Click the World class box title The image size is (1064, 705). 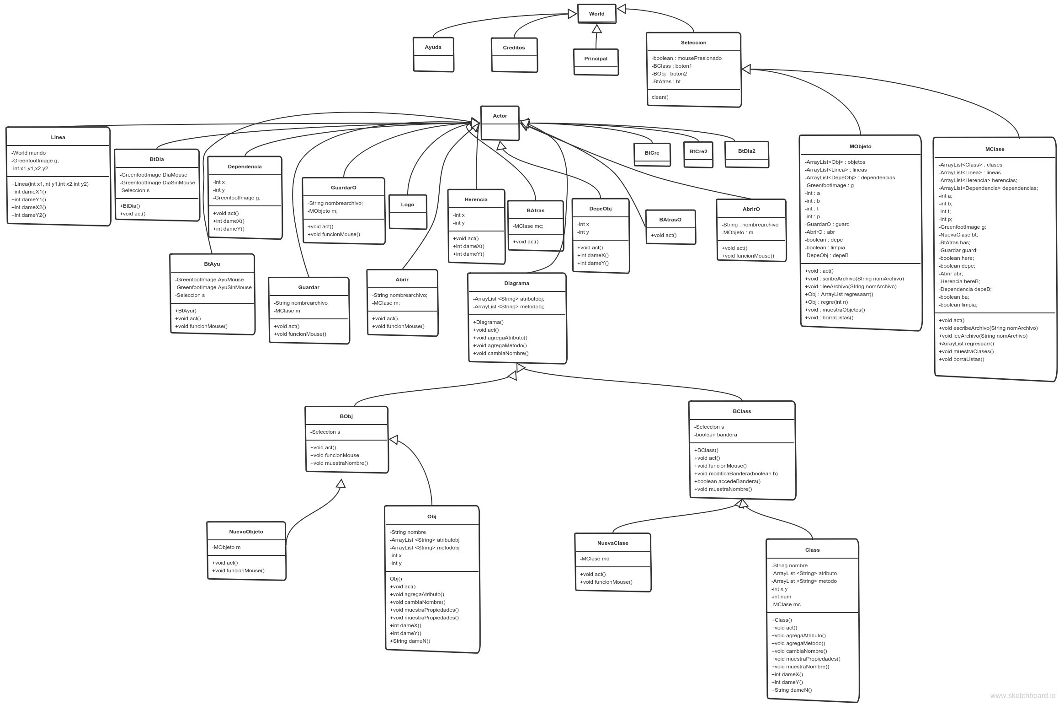tap(596, 14)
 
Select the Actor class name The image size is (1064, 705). tap(500, 116)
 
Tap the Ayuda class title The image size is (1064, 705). tap(433, 47)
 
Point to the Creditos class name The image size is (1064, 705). tap(514, 48)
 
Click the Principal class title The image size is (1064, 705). tap(596, 59)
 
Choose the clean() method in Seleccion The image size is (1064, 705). tap(660, 97)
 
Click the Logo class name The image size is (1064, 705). tap(407, 205)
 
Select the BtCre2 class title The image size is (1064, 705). tap(698, 151)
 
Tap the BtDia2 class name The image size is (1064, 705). tap(746, 151)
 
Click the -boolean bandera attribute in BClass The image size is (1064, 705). tap(715, 435)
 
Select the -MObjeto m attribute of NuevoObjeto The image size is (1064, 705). tap(226, 547)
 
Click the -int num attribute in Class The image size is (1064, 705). tap(781, 597)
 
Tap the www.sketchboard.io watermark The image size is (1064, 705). tap(1023, 696)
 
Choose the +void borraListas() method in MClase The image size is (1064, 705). tap(961, 359)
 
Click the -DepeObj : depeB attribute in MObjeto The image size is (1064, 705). tap(826, 255)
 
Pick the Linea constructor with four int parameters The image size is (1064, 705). tap(50, 184)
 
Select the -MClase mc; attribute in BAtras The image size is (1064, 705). tap(528, 226)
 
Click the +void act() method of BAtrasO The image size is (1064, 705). tap(664, 235)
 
